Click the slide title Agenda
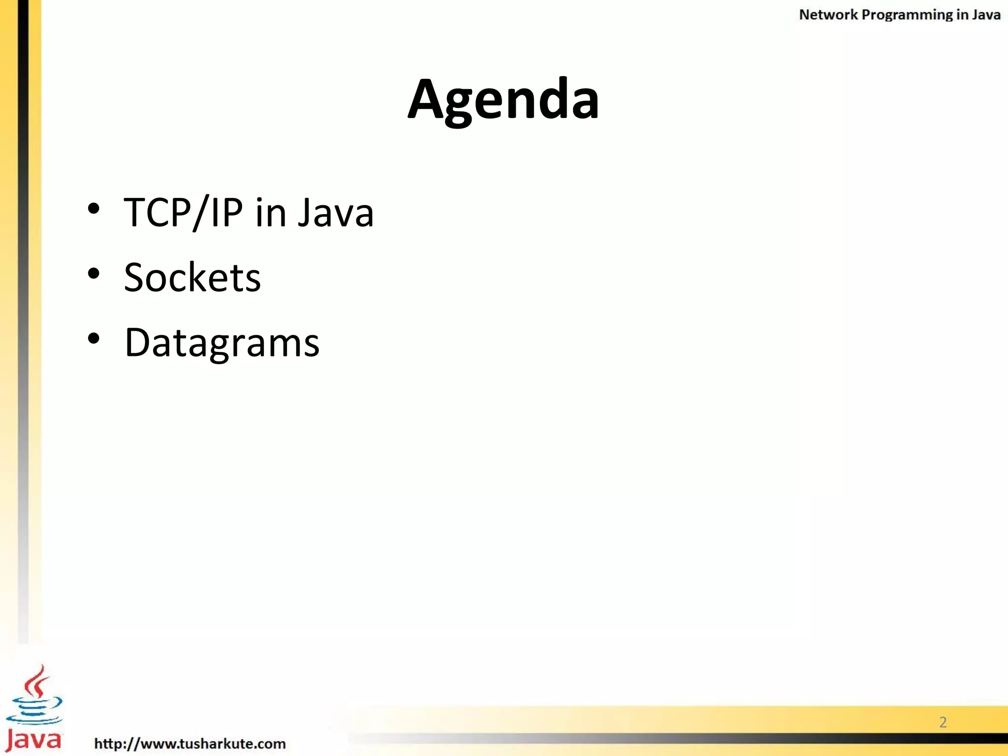click(504, 100)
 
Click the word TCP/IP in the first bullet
click(183, 213)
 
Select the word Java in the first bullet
click(336, 213)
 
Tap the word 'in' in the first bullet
click(271, 213)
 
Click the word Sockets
click(192, 278)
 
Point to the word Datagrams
click(222, 343)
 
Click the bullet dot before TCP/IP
click(94, 209)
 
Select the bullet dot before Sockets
click(94, 274)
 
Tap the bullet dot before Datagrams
click(94, 339)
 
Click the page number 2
click(943, 722)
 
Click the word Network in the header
click(828, 15)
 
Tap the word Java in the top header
click(986, 15)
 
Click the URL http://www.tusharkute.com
click(190, 743)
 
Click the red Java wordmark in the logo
click(33, 740)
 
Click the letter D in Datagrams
click(136, 343)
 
